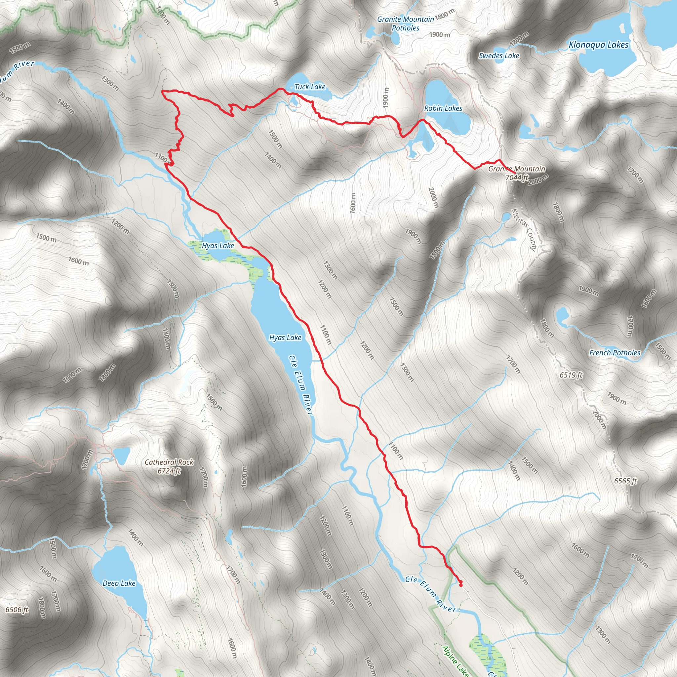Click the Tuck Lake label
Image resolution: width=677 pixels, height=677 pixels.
310,87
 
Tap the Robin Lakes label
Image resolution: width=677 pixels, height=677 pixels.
443,108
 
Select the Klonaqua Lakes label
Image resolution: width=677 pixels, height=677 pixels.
599,45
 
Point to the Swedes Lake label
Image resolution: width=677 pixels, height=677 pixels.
498,56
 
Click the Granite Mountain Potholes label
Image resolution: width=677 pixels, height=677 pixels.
405,23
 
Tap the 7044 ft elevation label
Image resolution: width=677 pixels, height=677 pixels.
517,178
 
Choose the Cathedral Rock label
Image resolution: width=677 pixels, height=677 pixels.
169,462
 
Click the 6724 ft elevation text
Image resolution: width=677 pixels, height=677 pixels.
169,471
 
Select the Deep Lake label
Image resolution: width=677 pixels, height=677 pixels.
119,583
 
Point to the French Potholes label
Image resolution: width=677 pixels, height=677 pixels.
615,353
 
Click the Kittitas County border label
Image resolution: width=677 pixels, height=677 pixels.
524,229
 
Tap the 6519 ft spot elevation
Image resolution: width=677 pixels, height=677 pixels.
571,375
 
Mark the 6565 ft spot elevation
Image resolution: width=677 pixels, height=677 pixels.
625,481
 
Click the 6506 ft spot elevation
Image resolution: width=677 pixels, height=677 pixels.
17,610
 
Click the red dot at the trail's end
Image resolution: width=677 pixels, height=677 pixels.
460,584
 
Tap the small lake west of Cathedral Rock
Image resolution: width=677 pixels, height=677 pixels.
122,456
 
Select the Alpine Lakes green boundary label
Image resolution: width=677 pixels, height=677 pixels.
455,660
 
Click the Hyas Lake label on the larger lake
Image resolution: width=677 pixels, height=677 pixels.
285,338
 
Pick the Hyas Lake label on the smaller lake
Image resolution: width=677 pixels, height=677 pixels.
218,246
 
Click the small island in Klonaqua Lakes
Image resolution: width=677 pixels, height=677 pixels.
622,28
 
